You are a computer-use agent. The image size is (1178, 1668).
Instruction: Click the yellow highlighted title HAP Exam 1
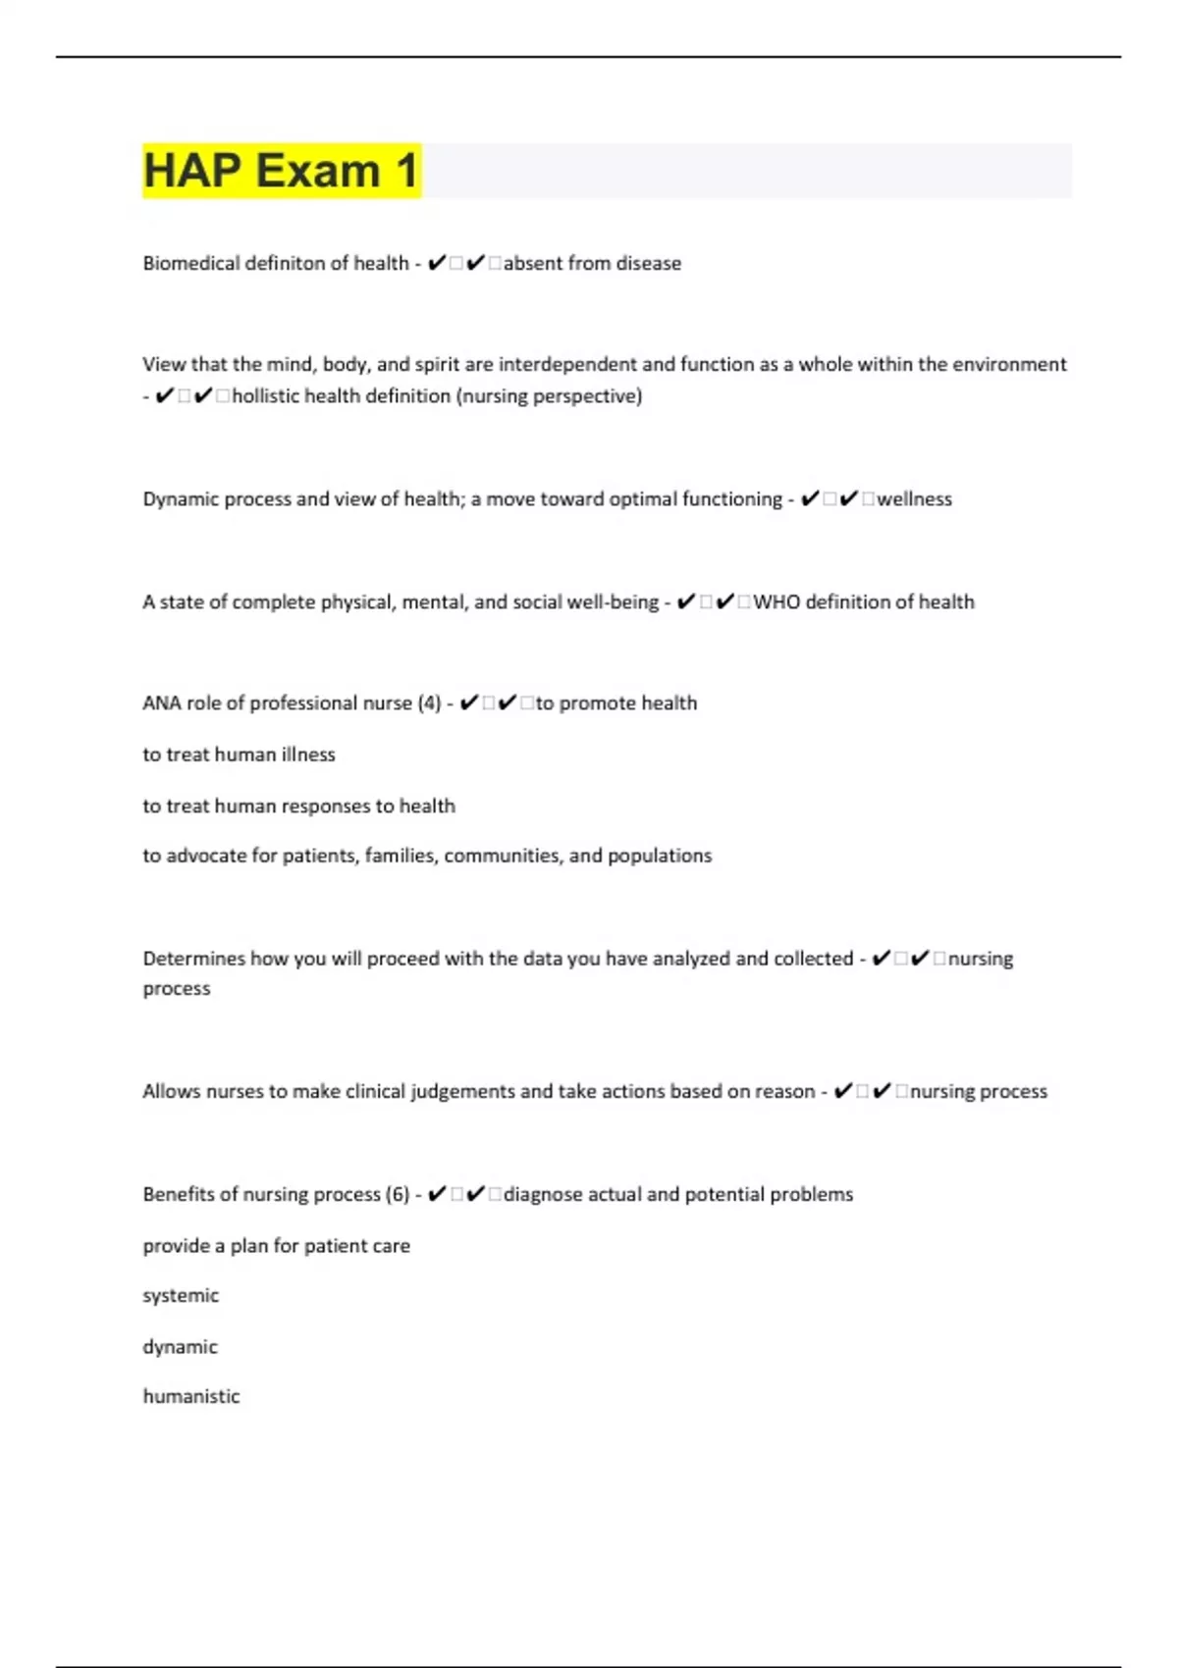[x=282, y=171]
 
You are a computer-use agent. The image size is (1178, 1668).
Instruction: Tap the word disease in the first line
[x=648, y=263]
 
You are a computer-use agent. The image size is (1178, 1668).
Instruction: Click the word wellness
[x=914, y=498]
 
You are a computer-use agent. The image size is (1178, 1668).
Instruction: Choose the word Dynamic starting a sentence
[x=181, y=498]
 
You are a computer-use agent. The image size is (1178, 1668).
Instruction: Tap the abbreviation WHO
[x=776, y=601]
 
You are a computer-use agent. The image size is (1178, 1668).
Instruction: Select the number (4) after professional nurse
[x=429, y=704]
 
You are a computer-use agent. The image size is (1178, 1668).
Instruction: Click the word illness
[x=308, y=755]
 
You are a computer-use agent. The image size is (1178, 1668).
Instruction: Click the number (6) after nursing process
[x=398, y=1194]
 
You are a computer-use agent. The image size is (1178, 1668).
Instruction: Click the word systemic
[x=181, y=1296]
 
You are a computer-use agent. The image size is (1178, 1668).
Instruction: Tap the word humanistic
[x=191, y=1396]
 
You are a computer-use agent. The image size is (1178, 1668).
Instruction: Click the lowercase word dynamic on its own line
[x=181, y=1347]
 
